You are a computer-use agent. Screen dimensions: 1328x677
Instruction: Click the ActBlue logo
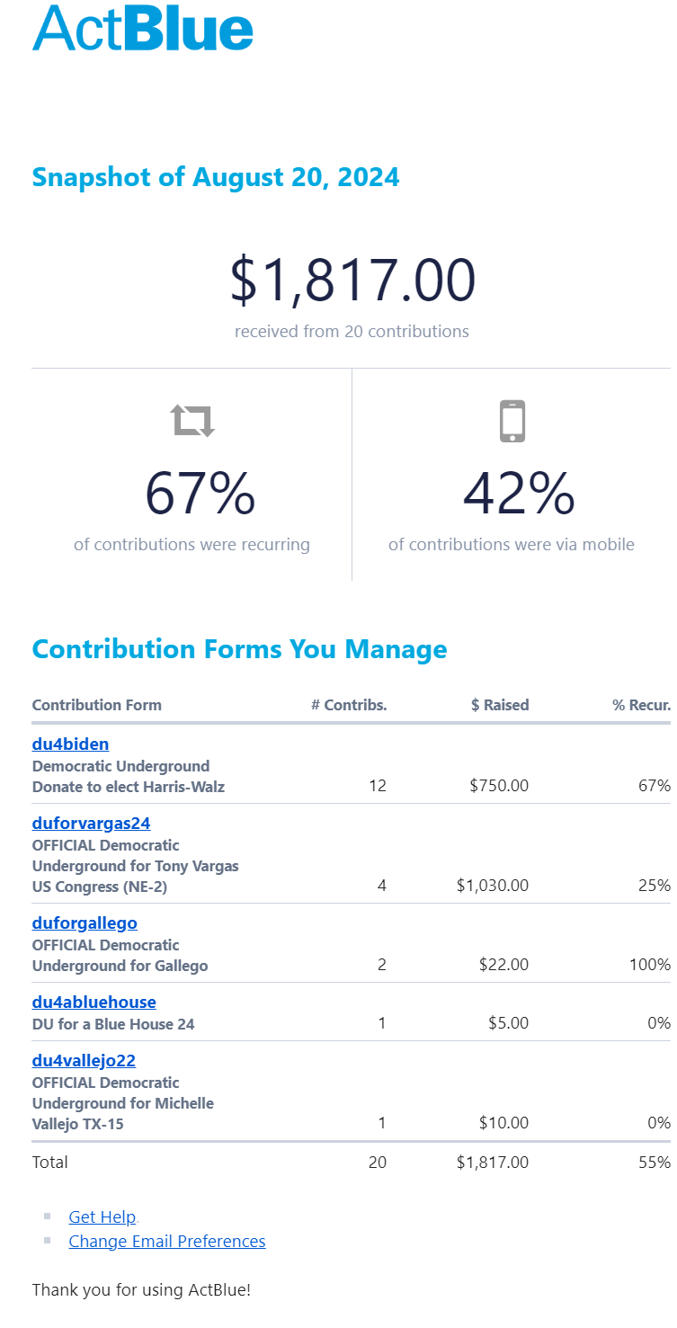pyautogui.click(x=143, y=29)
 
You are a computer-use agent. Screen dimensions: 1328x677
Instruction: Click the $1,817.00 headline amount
pyautogui.click(x=352, y=281)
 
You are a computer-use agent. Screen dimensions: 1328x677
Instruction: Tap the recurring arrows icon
pyautogui.click(x=192, y=420)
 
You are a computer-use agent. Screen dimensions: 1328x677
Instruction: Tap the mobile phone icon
pyautogui.click(x=512, y=420)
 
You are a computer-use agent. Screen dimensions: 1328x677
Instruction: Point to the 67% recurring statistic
pyautogui.click(x=200, y=495)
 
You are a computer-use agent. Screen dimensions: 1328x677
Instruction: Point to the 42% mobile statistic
pyautogui.click(x=518, y=495)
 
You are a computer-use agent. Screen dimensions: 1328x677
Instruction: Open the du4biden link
pyautogui.click(x=70, y=744)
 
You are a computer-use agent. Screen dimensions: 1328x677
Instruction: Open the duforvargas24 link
pyautogui.click(x=91, y=823)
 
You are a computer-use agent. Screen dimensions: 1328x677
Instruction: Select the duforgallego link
pyautogui.click(x=85, y=922)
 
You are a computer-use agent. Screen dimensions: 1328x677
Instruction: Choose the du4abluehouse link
pyautogui.click(x=94, y=1002)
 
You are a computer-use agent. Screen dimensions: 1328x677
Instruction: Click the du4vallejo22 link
pyautogui.click(x=84, y=1060)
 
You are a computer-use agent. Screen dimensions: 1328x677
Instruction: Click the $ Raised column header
pyautogui.click(x=500, y=705)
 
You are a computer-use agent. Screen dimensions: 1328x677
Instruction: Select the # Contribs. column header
pyautogui.click(x=349, y=705)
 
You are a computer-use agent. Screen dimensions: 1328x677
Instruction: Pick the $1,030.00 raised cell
pyautogui.click(x=493, y=886)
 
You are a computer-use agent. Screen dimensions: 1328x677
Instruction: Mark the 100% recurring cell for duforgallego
pyautogui.click(x=650, y=965)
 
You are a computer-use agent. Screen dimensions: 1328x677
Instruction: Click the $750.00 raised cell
pyautogui.click(x=499, y=786)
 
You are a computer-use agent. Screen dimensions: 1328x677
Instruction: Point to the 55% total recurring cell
pyautogui.click(x=655, y=1162)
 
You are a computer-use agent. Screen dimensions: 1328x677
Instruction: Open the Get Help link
pyautogui.click(x=102, y=1217)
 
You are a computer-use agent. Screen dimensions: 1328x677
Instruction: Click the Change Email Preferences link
pyautogui.click(x=167, y=1241)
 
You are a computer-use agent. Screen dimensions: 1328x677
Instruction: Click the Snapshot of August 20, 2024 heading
pyautogui.click(x=216, y=177)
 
